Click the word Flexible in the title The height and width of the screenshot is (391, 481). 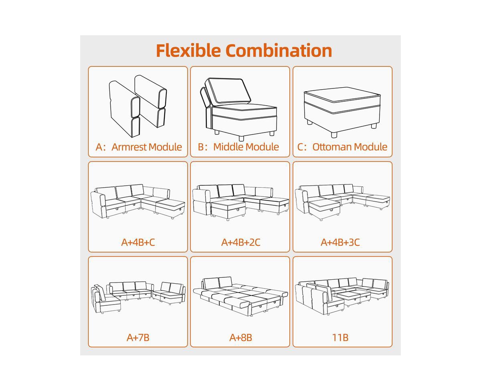coord(188,50)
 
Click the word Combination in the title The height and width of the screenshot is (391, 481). coord(279,50)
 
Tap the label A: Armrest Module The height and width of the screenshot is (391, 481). coord(139,147)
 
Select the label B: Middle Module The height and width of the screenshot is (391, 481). coord(238,147)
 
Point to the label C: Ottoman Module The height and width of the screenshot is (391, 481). coord(342,147)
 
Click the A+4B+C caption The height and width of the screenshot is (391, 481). coord(138,242)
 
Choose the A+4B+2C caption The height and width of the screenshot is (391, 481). coord(241,242)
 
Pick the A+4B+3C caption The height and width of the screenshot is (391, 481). coord(340,242)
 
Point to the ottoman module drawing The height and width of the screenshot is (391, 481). coord(342,112)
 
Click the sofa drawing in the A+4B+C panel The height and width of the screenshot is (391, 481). coord(138,201)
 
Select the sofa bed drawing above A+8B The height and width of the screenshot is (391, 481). coord(240,296)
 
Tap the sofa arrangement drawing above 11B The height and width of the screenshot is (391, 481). coord(342,296)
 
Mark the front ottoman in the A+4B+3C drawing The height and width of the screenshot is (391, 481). coord(324,209)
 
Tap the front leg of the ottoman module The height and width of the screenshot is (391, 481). coord(334,134)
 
